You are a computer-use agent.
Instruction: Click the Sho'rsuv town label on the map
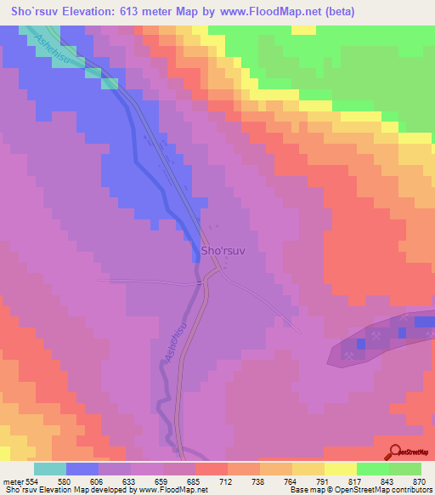pyautogui.click(x=222, y=252)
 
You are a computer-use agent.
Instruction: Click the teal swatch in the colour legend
pyautogui.click(x=50, y=469)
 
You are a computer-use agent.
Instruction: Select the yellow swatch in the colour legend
pyautogui.click(x=341, y=469)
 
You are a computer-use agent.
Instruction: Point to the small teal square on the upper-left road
pyautogui.click(x=109, y=82)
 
